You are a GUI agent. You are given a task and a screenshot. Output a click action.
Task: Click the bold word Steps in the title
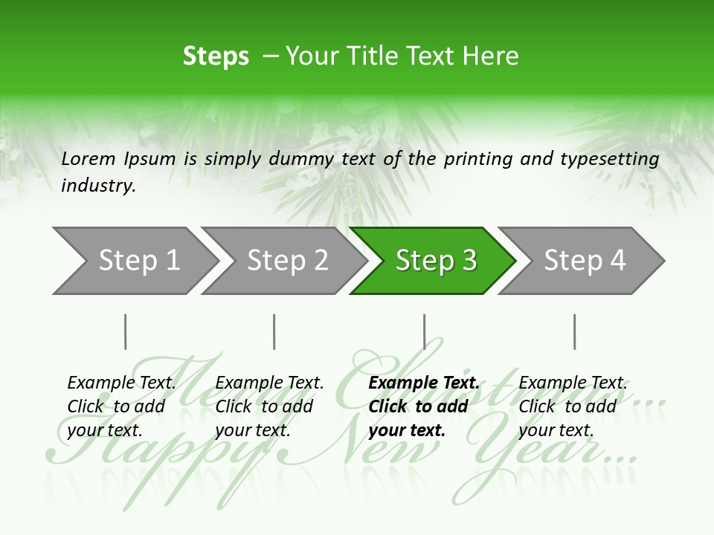pos(216,56)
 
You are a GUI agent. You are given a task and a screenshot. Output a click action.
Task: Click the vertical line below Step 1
pos(126,331)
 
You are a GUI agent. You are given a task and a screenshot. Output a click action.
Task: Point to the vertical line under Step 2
pos(274,331)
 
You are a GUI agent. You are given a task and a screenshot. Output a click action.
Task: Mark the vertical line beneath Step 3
pos(424,331)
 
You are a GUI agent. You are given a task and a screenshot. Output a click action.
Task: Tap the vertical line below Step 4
pos(574,331)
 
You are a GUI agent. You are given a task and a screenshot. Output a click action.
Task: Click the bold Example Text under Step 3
pos(424,383)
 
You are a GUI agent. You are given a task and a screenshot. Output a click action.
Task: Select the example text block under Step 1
pos(121,406)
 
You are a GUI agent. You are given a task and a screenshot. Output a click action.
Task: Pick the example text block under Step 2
pos(269,406)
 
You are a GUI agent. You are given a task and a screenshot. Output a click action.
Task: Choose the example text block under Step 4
pos(572,406)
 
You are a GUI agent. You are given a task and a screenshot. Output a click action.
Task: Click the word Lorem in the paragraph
pos(89,158)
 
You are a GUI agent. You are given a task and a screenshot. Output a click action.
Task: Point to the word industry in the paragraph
pos(98,185)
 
